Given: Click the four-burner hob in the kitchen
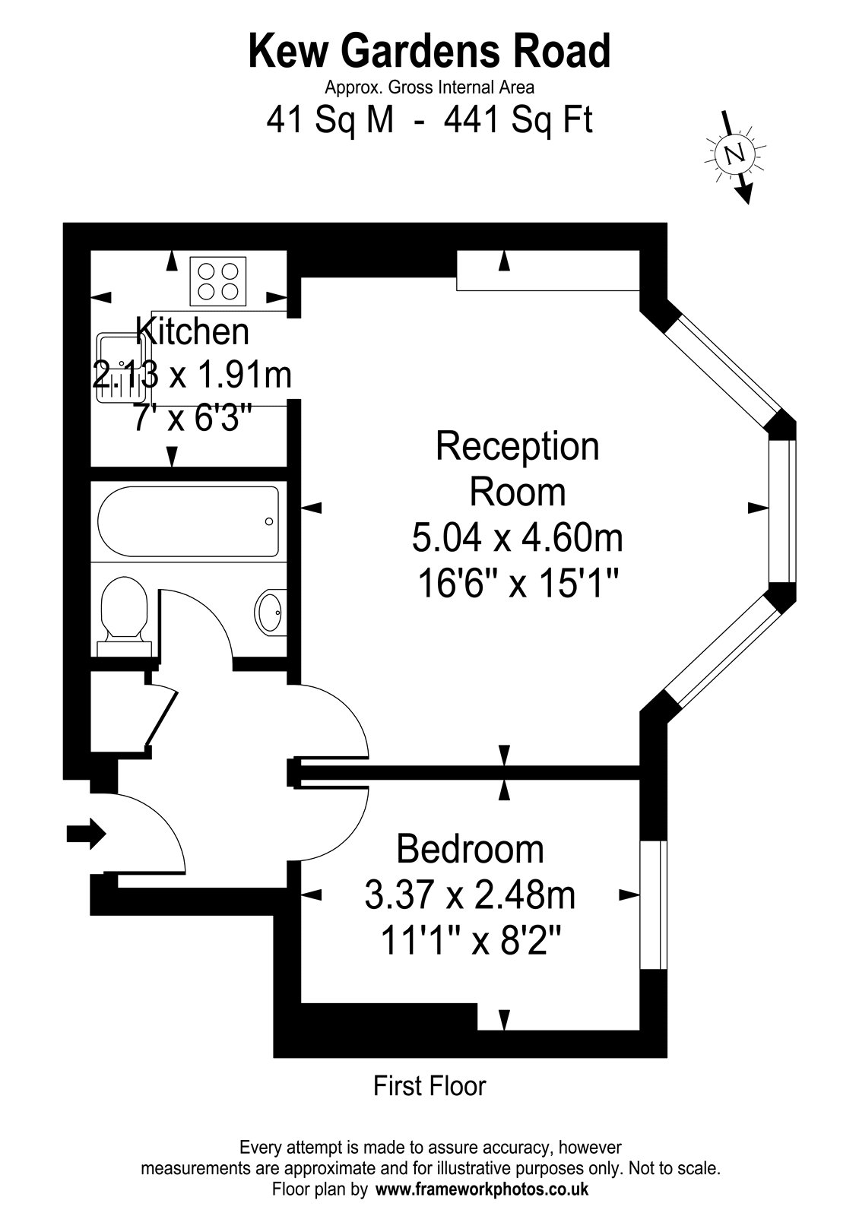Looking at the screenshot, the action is (217, 280).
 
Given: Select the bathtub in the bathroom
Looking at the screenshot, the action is (188, 521).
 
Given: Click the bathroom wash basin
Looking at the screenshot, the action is (270, 613).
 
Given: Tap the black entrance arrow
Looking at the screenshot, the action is (86, 833).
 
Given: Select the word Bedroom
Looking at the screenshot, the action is (471, 850).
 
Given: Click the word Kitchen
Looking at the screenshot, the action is (192, 331).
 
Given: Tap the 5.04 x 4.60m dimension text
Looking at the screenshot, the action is (518, 538).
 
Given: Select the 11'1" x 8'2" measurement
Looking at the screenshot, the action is (471, 940).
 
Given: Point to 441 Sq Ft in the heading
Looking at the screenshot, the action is (518, 120).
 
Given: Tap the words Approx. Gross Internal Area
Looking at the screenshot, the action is (429, 87).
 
